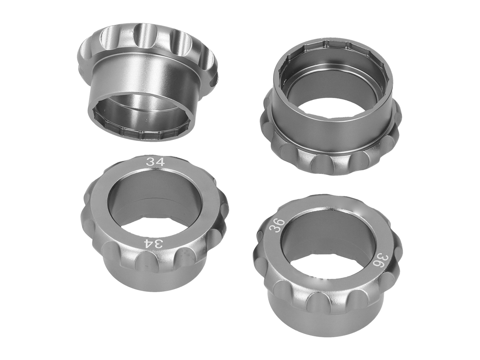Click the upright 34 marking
tap(155, 162)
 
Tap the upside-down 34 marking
tap(153, 244)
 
